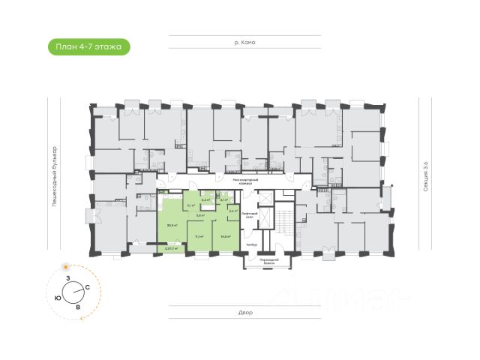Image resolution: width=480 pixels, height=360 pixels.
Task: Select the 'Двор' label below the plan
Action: (x=246, y=312)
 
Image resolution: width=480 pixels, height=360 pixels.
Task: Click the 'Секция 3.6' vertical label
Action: (x=424, y=178)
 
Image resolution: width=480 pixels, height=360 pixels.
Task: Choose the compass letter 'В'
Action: (x=77, y=307)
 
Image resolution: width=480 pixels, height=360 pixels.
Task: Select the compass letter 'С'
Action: (x=88, y=287)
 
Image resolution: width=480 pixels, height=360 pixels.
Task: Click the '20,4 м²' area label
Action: (x=172, y=225)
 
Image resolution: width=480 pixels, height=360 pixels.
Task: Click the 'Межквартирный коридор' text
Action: (x=245, y=180)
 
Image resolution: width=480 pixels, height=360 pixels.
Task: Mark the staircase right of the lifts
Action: (x=286, y=224)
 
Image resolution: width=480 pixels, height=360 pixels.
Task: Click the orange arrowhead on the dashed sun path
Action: (x=78, y=319)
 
